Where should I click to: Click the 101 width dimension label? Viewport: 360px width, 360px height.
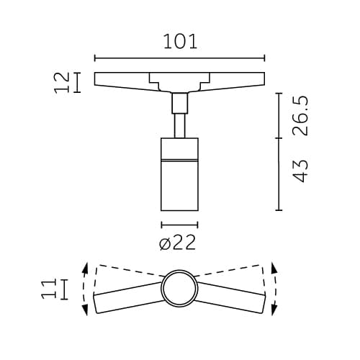tap(180, 41)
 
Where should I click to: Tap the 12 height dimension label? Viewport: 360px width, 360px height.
tap(63, 82)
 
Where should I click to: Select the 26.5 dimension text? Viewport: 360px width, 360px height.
tap(300, 114)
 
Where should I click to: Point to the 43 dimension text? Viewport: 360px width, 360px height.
tap(300, 171)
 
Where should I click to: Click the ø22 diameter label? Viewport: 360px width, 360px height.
tap(177, 243)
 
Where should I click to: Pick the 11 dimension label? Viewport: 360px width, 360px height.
tap(49, 289)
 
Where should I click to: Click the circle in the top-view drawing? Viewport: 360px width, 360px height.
tap(179, 289)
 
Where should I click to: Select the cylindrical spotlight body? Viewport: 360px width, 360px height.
tap(179, 180)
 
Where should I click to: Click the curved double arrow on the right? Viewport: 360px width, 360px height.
tap(273, 288)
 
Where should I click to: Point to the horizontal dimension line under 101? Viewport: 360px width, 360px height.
tap(180, 58)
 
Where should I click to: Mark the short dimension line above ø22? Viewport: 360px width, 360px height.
tap(179, 225)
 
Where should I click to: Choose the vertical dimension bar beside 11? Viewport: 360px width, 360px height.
tap(66, 289)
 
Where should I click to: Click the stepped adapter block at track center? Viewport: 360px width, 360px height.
tap(179, 82)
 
